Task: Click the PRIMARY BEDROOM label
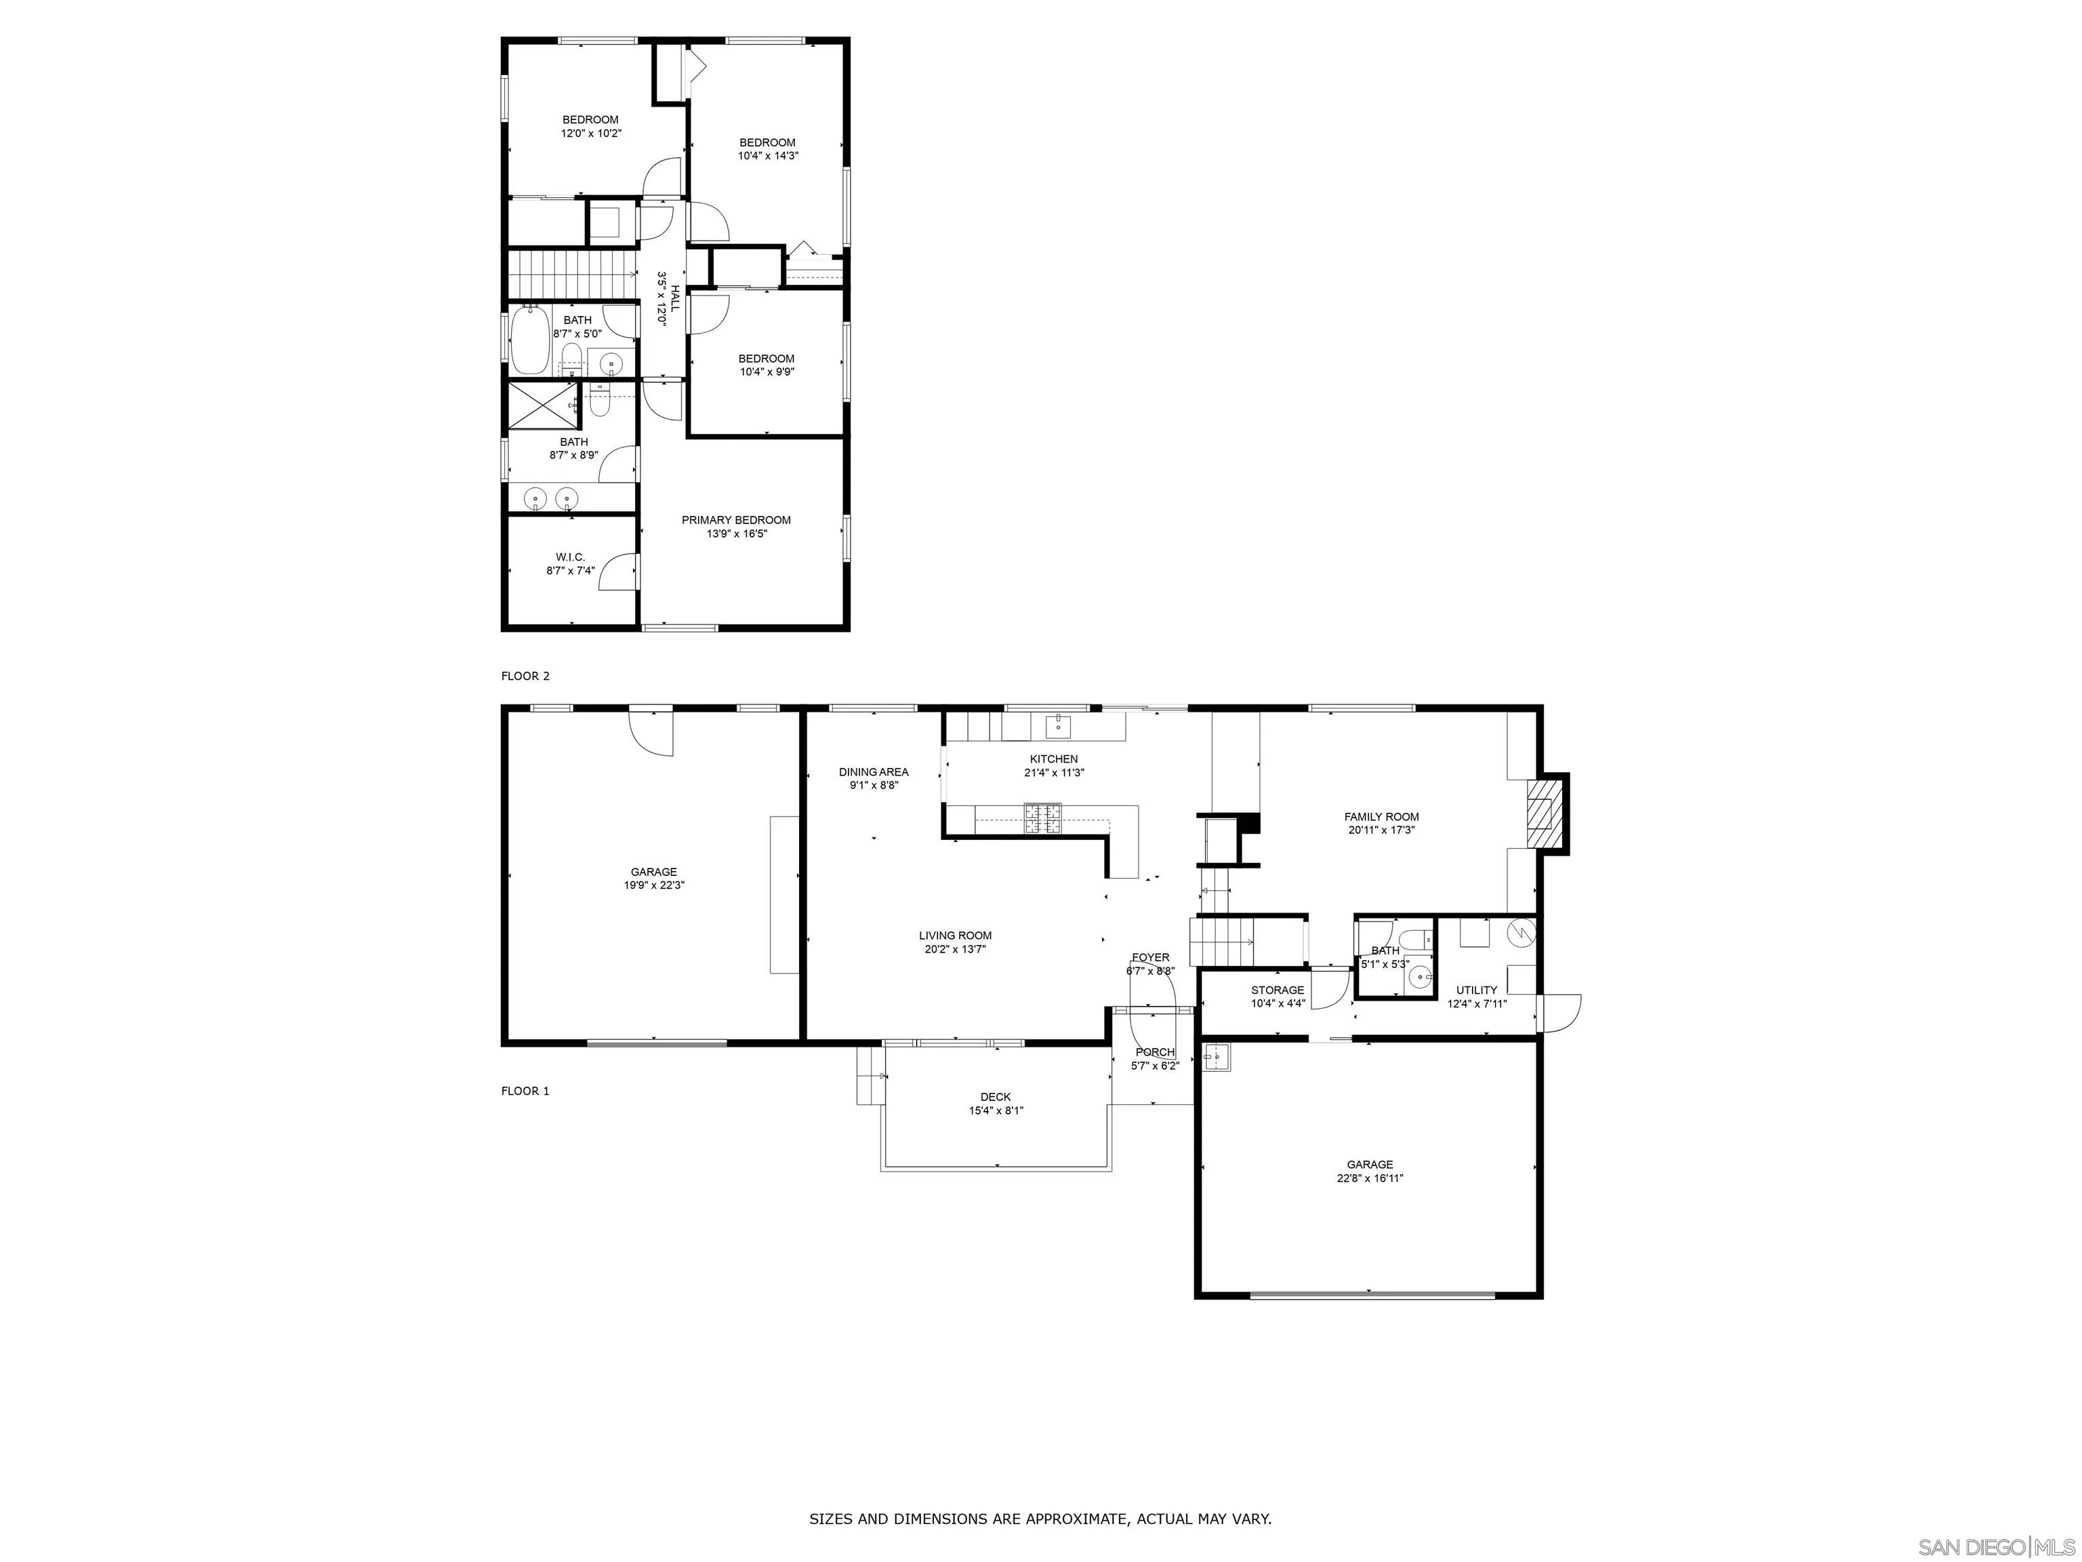pos(736,520)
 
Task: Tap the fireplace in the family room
pos(1542,813)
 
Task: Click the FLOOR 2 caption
pos(525,676)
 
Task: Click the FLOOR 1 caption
pos(525,1092)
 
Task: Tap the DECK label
pos(995,1097)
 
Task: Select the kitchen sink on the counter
pos(1059,724)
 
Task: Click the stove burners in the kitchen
pos(1042,818)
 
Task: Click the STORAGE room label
pos(1278,990)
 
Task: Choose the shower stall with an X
pos(542,405)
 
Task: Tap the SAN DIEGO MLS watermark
pos(1995,1547)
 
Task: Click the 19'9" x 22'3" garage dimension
pos(653,885)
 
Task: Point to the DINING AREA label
pos(874,772)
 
